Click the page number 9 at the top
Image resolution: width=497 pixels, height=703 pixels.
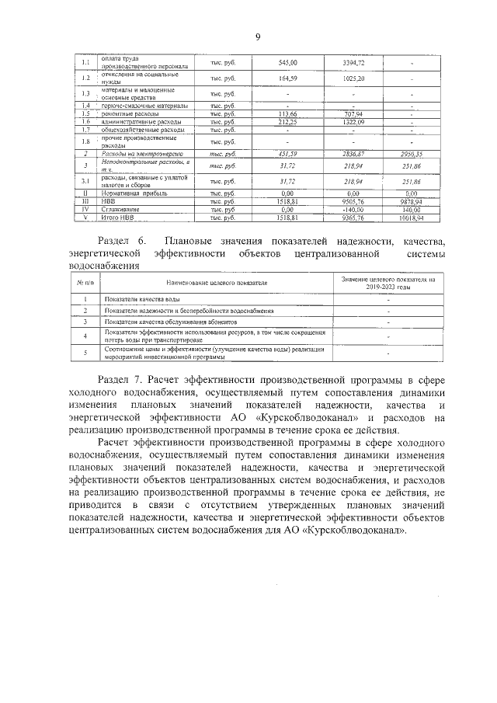[257, 37]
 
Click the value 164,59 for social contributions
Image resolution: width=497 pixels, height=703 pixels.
[287, 78]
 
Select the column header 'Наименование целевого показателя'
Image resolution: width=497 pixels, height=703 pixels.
[215, 283]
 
